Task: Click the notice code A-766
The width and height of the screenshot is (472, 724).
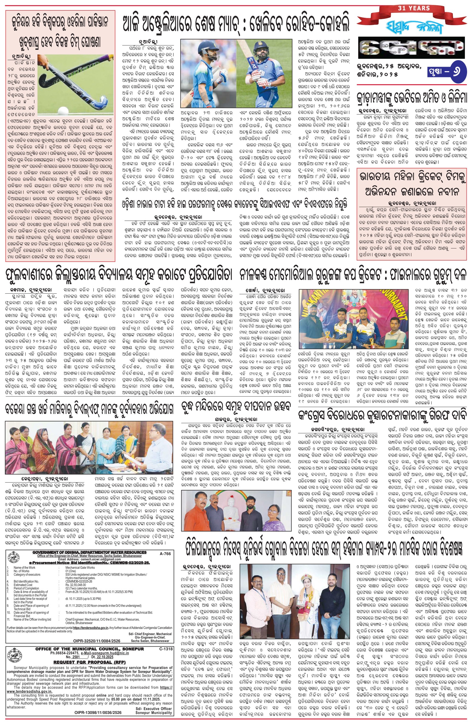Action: click(x=165, y=554)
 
